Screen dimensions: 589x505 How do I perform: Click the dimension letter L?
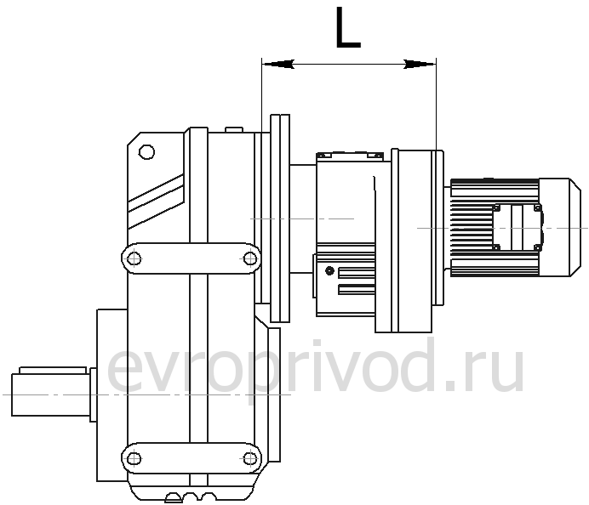point(348,27)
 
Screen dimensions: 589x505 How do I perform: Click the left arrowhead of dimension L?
point(278,64)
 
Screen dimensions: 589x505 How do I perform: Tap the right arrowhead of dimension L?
point(420,64)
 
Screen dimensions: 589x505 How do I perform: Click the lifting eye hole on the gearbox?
point(146,152)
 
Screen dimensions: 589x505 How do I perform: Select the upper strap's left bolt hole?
point(134,258)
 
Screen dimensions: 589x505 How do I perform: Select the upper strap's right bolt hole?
point(249,258)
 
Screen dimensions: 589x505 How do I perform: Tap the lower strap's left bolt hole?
point(134,458)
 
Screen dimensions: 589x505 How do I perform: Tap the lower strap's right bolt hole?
point(249,458)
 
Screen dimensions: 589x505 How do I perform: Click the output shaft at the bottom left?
point(51,394)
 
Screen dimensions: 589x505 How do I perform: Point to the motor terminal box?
point(518,227)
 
